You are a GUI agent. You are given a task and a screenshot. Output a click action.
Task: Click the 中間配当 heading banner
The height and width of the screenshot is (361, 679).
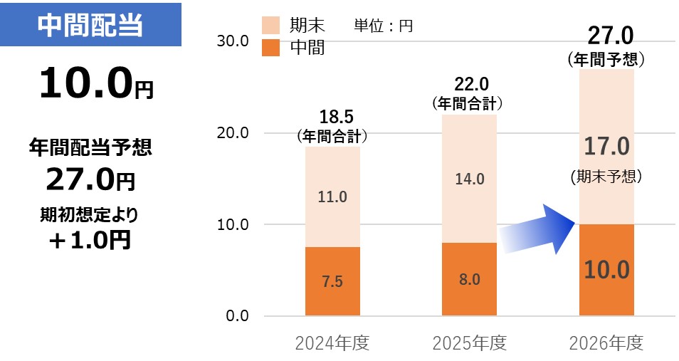pyautogui.click(x=90, y=25)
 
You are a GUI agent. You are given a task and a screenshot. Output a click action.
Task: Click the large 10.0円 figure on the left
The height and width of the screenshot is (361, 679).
pyautogui.click(x=96, y=83)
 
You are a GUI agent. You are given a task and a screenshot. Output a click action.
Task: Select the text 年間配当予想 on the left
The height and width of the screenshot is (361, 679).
pyautogui.click(x=90, y=147)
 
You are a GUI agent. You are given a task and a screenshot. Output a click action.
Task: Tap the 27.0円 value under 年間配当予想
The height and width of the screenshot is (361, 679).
pyautogui.click(x=90, y=179)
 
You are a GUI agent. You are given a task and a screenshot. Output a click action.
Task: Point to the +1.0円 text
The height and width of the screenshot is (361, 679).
pyautogui.click(x=90, y=240)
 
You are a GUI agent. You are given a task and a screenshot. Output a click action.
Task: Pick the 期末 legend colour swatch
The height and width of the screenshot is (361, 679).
pyautogui.click(x=270, y=26)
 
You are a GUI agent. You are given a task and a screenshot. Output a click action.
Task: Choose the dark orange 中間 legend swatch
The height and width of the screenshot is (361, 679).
pyautogui.click(x=270, y=47)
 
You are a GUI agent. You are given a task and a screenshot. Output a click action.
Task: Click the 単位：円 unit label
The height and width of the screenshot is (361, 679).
pyautogui.click(x=383, y=26)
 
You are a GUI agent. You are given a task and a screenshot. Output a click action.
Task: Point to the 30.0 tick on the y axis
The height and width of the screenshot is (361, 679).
pyautogui.click(x=233, y=41)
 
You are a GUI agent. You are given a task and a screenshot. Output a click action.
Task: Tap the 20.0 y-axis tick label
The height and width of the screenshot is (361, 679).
pyautogui.click(x=233, y=132)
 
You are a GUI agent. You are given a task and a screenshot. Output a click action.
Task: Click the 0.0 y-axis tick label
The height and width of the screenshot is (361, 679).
pyautogui.click(x=237, y=315)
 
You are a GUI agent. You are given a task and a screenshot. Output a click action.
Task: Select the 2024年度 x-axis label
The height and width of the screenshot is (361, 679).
pyautogui.click(x=332, y=343)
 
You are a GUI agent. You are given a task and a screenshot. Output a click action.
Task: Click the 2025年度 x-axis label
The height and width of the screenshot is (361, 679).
pyautogui.click(x=470, y=343)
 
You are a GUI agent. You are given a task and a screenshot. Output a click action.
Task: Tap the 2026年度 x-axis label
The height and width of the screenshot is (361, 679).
pyautogui.click(x=606, y=343)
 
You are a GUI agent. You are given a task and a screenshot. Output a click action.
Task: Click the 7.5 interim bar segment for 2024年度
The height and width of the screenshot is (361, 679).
pyautogui.click(x=332, y=281)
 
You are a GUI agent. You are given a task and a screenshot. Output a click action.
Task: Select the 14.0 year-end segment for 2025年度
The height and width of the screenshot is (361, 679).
pyautogui.click(x=470, y=179)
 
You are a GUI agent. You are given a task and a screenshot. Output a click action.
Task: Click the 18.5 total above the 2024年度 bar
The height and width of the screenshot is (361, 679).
pyautogui.click(x=337, y=117)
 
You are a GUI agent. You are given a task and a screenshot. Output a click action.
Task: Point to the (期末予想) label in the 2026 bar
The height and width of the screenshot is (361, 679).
pyautogui.click(x=606, y=177)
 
